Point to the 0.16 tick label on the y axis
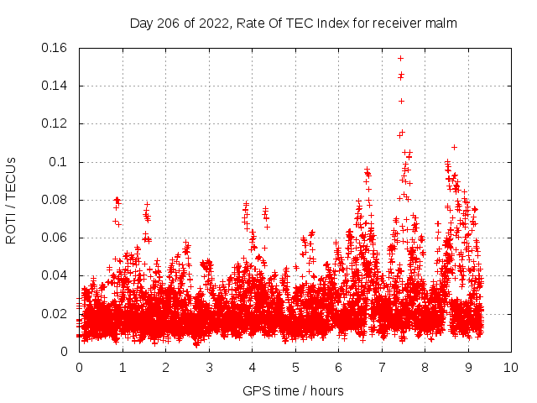56,48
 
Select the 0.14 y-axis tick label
56,86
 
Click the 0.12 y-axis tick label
56,123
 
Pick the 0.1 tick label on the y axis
61,162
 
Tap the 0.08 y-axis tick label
56,200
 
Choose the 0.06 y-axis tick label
56,238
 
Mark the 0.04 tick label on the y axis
56,275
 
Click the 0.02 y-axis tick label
56,314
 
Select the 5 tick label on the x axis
295,367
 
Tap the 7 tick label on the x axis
382,367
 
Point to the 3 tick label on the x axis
209,367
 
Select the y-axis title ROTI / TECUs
12,200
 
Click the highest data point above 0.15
400,58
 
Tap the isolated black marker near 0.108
454,147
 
